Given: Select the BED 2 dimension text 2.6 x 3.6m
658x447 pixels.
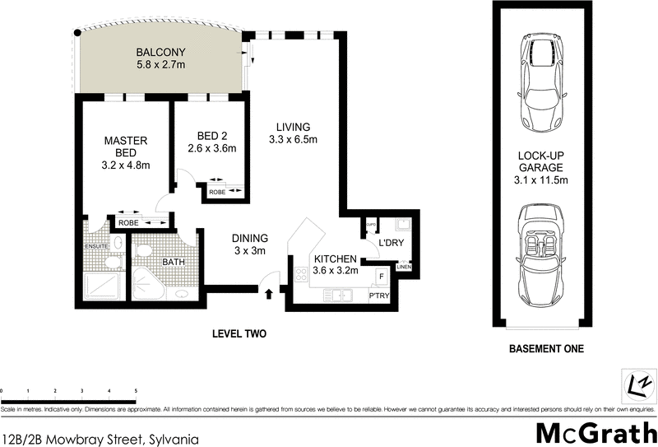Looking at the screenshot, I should coord(211,149).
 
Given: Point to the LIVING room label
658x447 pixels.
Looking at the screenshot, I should coord(293,127).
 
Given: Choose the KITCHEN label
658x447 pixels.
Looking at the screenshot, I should coord(335,258).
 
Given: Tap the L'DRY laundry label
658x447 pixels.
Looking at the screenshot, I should coord(390,242).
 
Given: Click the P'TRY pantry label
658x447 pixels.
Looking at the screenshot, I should coord(378,296).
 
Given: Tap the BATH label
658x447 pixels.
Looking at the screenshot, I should coord(173,262).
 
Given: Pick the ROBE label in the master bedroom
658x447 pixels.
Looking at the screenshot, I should coord(128,222).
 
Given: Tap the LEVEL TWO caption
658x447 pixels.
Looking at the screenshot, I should coord(239,334).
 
